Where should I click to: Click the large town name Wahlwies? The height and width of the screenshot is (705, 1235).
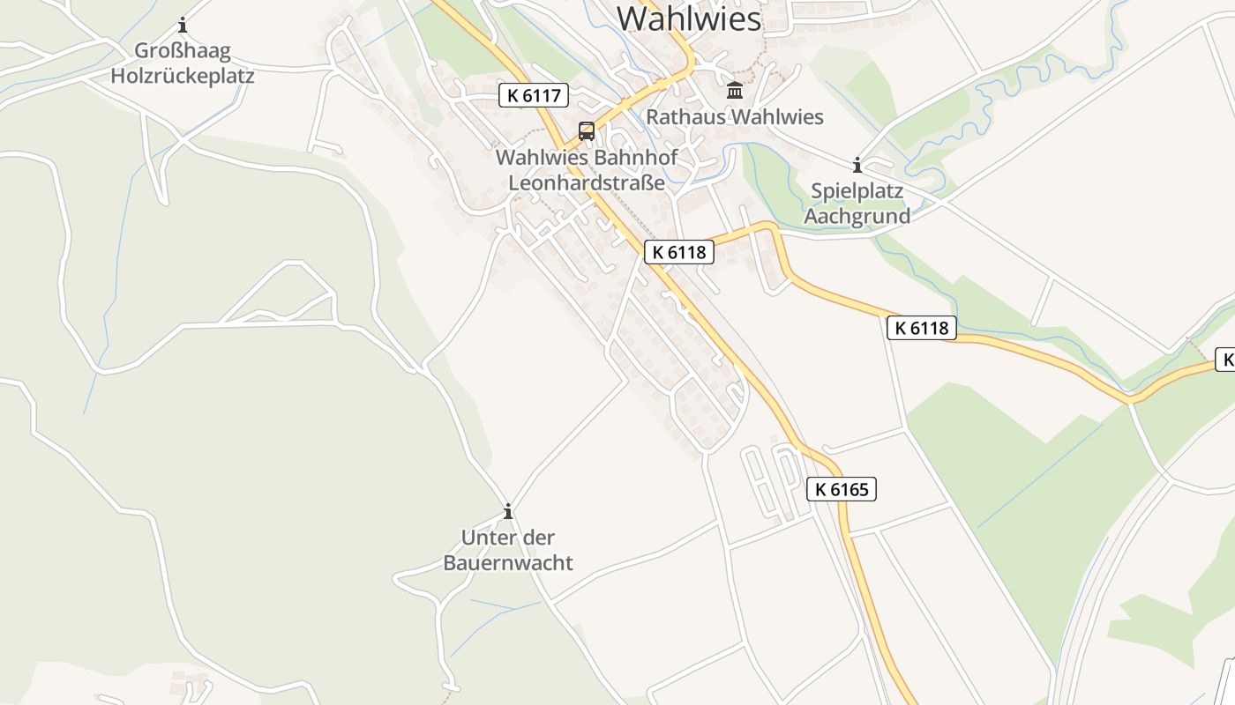tap(688, 18)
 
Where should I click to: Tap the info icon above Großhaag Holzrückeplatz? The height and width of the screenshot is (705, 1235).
tap(183, 25)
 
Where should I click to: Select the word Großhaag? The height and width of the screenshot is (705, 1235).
tap(183, 50)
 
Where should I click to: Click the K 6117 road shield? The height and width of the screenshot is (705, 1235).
tap(534, 95)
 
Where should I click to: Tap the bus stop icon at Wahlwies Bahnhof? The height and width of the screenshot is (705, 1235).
tap(587, 131)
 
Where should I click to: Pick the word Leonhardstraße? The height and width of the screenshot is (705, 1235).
tap(586, 183)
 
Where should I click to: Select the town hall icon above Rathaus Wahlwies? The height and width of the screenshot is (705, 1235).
tap(735, 90)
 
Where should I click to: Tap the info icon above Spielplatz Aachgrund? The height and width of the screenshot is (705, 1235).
tap(857, 165)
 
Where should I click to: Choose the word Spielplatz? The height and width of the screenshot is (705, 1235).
tap(857, 191)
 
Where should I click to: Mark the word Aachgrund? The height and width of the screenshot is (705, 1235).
tap(857, 216)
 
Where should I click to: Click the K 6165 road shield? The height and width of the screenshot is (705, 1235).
tap(842, 489)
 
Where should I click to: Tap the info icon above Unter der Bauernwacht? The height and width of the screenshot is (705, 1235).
tap(507, 511)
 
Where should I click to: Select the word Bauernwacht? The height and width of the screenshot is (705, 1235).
tap(507, 562)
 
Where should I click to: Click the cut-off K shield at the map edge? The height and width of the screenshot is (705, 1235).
tap(1225, 360)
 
